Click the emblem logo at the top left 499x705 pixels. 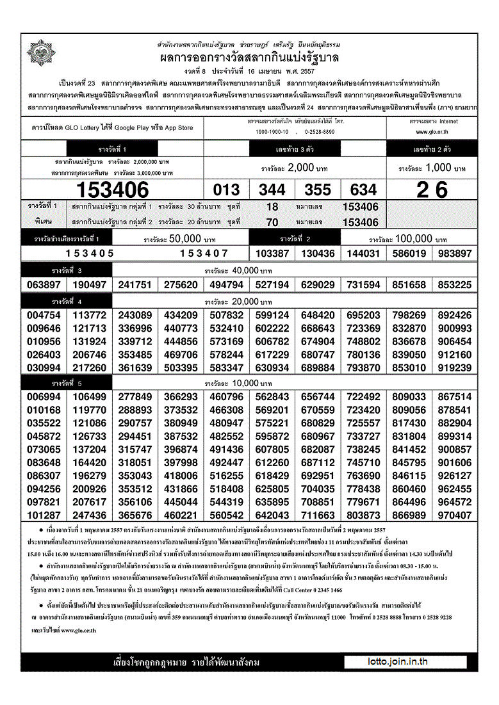point(40,53)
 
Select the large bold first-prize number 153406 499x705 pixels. point(113,190)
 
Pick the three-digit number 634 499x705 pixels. point(363,190)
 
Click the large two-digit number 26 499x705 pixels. point(432,190)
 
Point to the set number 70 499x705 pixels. point(272,222)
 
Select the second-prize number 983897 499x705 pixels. point(455,254)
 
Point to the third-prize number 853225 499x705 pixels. point(455,285)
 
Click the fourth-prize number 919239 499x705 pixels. point(455,368)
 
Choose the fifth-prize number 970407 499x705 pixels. point(455,515)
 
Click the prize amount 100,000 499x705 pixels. point(414,238)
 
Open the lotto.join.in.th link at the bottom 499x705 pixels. point(398,662)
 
